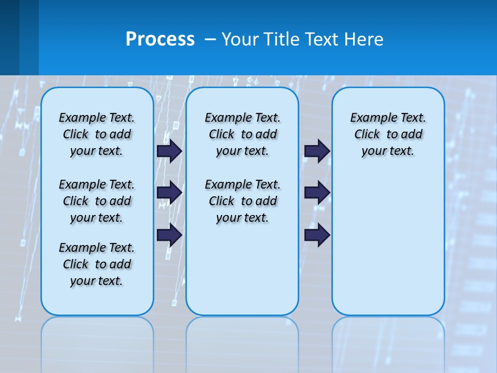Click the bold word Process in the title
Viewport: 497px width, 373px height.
(160, 39)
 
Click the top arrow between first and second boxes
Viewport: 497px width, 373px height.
(169, 151)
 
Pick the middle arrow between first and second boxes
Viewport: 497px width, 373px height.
(169, 193)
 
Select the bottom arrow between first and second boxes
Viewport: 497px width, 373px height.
(169, 235)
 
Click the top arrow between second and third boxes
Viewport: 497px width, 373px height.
(317, 151)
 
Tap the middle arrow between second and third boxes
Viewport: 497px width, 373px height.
(317, 193)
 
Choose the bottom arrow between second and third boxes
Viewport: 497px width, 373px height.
(317, 235)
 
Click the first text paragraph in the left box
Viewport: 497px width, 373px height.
(97, 134)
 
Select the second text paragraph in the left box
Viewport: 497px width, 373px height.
(97, 201)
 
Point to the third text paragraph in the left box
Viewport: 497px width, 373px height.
(97, 264)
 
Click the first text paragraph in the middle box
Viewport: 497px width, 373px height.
(242, 134)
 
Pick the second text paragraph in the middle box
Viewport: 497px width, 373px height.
(242, 201)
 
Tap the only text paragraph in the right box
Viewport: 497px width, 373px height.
(388, 134)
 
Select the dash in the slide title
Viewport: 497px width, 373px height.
(211, 40)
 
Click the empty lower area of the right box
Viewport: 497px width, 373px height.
(388, 243)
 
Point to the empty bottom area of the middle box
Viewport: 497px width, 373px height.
(242, 275)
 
